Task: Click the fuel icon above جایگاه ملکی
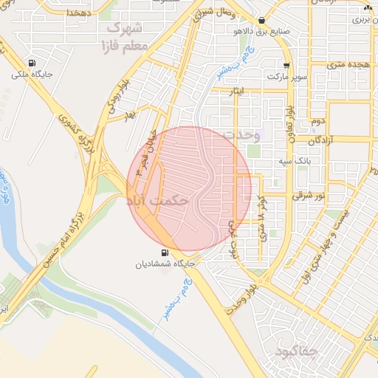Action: pos(31,63)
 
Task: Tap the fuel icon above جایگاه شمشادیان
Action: pos(164,252)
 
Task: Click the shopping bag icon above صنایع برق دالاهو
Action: pos(262,21)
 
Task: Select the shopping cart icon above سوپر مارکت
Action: pos(286,65)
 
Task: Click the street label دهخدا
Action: pos(77,13)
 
